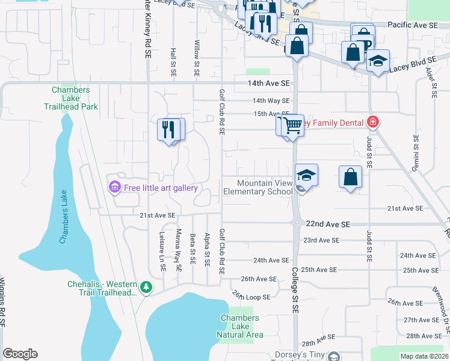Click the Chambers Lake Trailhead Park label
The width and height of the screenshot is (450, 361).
point(71,99)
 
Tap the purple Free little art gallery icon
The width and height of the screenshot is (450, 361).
point(114,188)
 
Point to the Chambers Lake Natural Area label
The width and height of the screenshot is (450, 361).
point(239,326)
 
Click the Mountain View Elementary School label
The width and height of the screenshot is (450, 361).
point(257,187)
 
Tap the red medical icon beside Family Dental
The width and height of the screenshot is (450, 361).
point(373,123)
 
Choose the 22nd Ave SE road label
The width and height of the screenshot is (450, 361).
point(327,224)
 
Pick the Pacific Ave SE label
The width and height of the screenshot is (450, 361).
point(412,25)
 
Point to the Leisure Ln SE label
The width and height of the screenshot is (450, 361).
point(162,251)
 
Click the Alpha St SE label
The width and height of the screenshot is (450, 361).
point(206,251)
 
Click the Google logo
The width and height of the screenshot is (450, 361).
point(20,354)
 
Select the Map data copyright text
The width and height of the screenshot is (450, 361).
point(424,356)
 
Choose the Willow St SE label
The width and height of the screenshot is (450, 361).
point(197,59)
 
